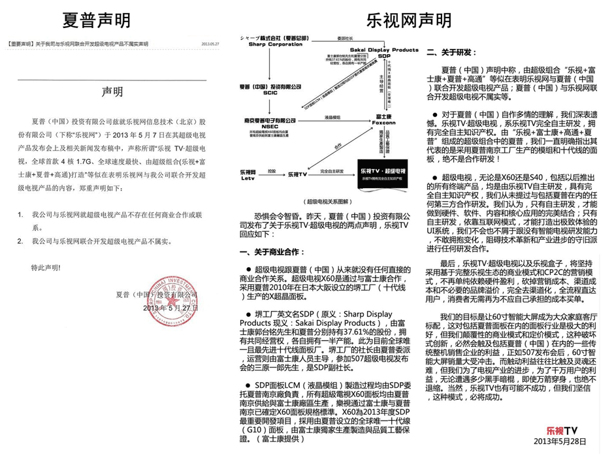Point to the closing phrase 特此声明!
point(46,268)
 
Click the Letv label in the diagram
point(248,178)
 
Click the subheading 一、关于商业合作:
point(272,251)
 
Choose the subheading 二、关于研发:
point(451,52)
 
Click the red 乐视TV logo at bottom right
point(563,430)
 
